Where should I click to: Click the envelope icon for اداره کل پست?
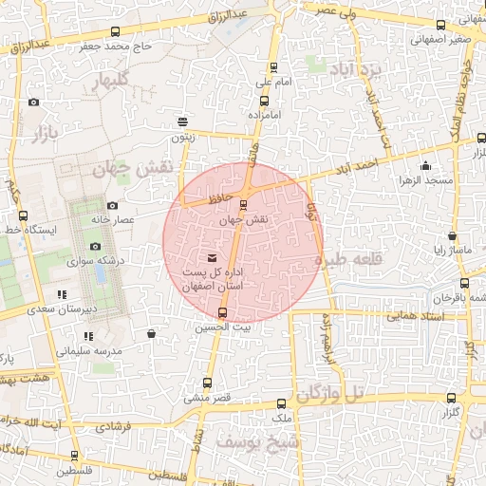point(211,258)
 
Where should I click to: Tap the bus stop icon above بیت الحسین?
point(223,312)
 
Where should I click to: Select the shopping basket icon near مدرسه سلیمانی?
point(152,333)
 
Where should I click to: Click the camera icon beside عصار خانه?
point(112,205)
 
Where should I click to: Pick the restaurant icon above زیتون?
point(182,121)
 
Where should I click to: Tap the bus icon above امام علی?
point(274,67)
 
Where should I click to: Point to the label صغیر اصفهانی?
point(441,40)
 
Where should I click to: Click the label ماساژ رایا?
point(447,252)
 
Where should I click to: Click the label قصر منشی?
point(202,399)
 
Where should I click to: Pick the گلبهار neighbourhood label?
point(108,84)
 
